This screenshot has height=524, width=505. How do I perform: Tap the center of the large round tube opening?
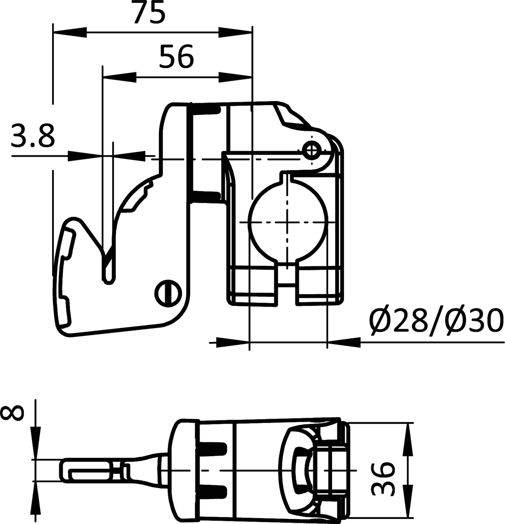click(287, 222)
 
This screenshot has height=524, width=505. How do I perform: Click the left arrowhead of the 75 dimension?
click(69, 32)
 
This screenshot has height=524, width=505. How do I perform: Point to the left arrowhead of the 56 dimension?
click(119, 77)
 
